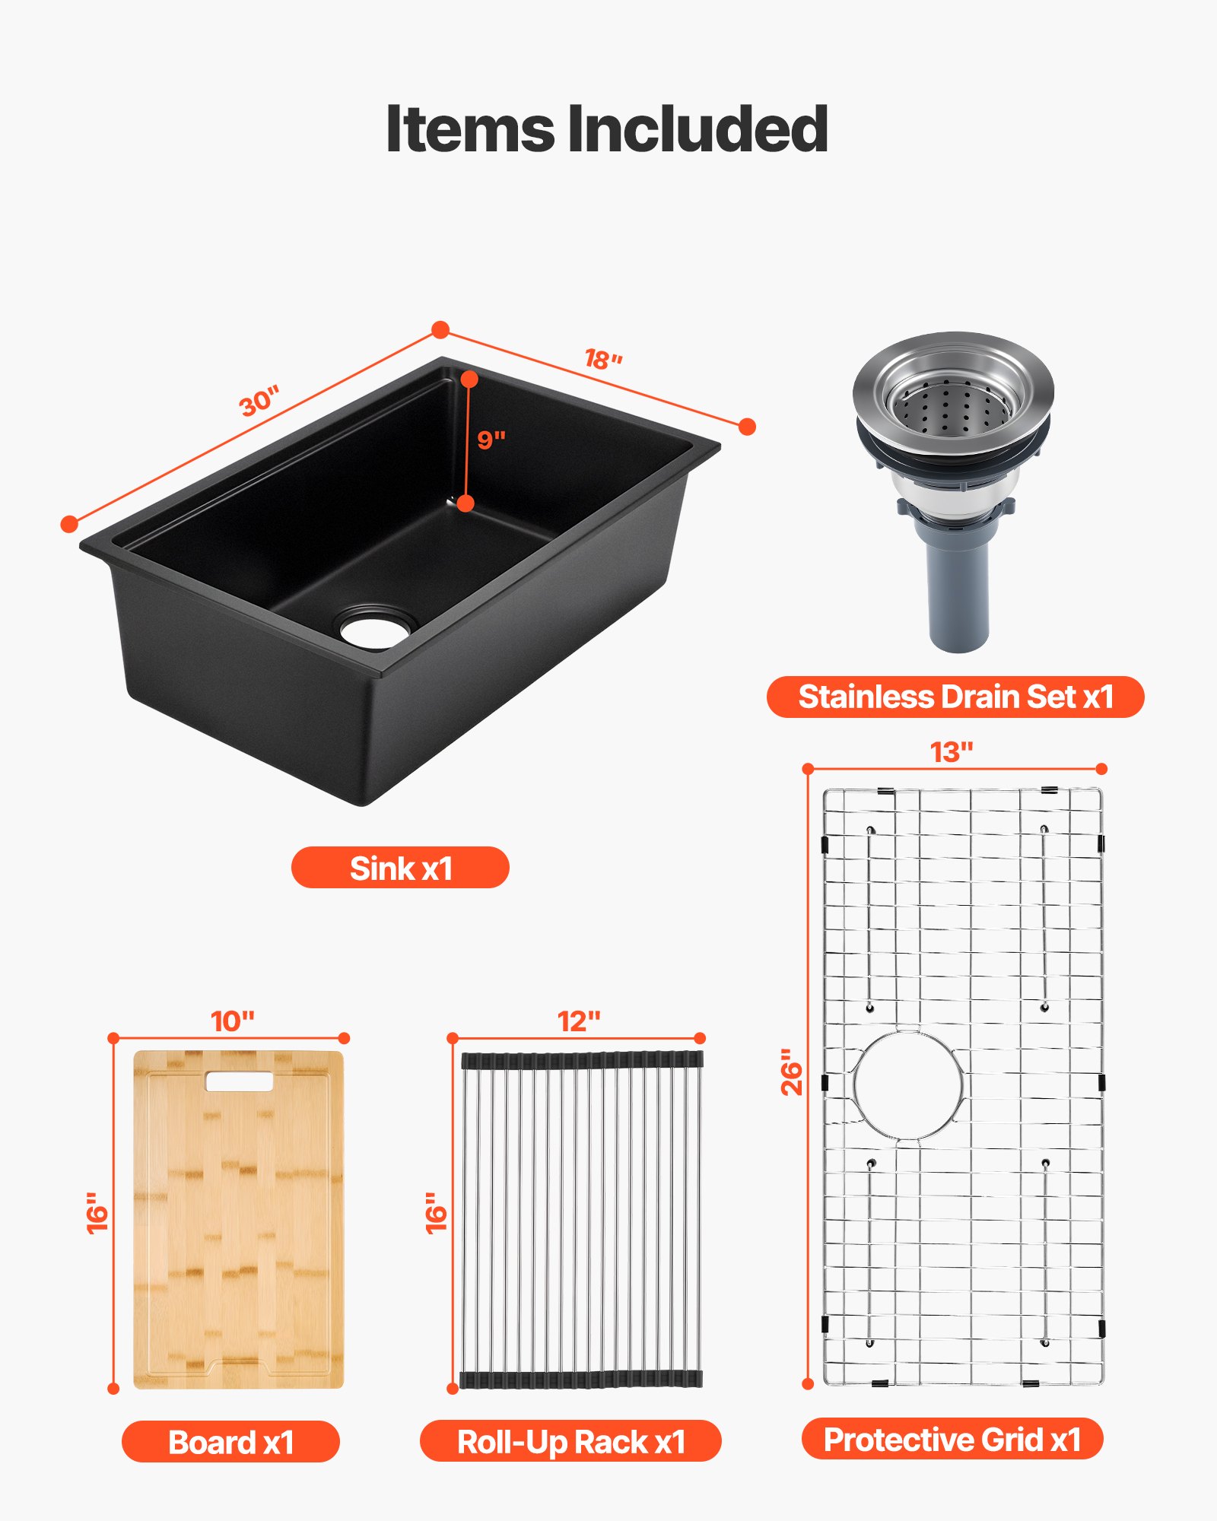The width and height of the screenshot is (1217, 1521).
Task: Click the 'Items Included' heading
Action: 607,129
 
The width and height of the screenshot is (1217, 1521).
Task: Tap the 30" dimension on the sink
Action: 259,401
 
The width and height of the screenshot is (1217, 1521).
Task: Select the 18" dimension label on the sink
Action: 603,359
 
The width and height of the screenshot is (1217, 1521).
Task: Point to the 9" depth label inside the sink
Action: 491,440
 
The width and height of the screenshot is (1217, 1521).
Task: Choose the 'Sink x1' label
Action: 400,868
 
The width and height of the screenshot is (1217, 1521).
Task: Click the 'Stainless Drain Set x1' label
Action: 955,697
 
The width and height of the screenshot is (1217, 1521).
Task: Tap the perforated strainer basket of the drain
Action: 952,406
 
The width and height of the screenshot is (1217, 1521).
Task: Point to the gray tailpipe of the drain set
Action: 958,593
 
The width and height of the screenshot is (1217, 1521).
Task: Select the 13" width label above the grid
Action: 952,752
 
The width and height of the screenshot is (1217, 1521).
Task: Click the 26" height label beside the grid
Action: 792,1072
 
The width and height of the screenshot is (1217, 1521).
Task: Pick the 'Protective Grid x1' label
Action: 952,1439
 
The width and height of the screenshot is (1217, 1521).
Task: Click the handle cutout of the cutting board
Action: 238,1081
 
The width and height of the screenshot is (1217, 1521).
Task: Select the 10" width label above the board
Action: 232,1021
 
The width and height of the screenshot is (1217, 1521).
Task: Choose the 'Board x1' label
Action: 230,1442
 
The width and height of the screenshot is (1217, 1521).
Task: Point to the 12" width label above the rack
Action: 578,1021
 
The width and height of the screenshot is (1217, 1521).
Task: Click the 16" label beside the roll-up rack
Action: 436,1212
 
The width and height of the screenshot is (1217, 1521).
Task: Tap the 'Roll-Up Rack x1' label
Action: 570,1442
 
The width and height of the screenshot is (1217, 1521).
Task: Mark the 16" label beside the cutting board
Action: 97,1212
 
